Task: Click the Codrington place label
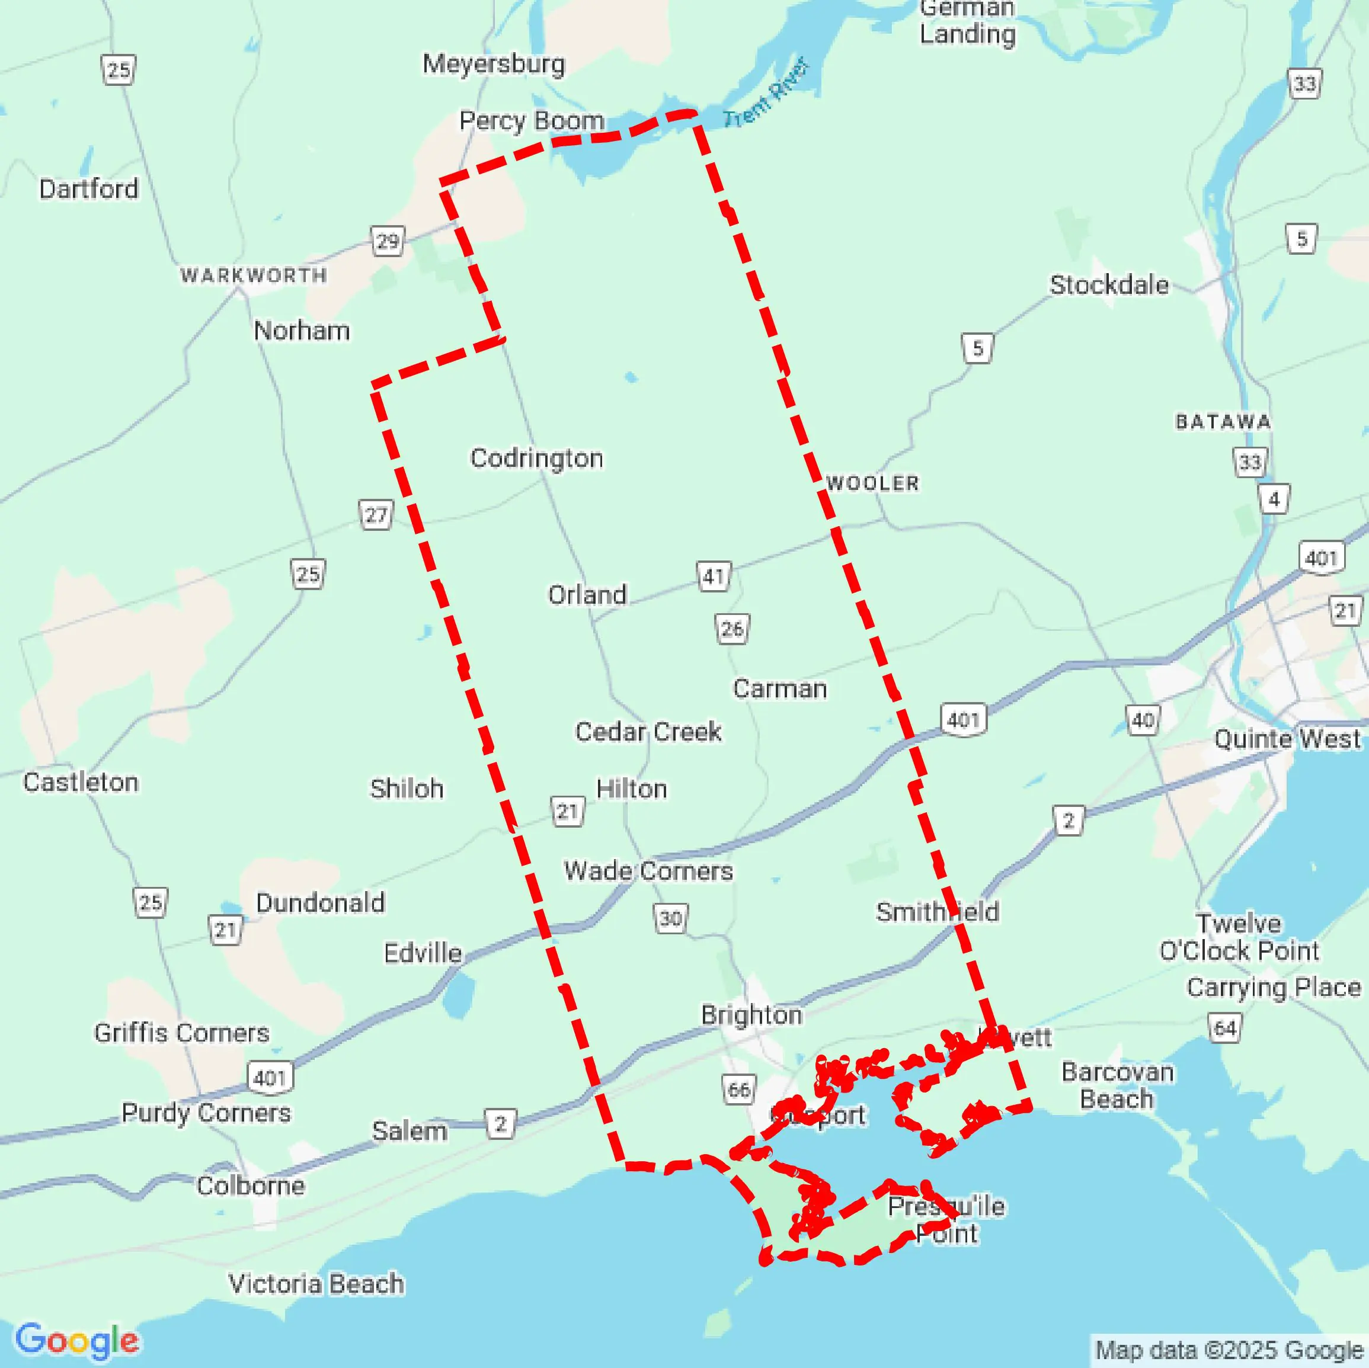pyautogui.click(x=536, y=459)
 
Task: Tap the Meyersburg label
pyautogui.click(x=494, y=64)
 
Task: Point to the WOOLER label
pyautogui.click(x=873, y=483)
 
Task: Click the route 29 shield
pyautogui.click(x=388, y=241)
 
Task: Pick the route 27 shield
pyautogui.click(x=376, y=514)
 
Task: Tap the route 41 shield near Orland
pyautogui.click(x=714, y=576)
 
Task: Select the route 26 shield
pyautogui.click(x=732, y=629)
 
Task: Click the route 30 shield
pyautogui.click(x=670, y=919)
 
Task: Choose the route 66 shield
pyautogui.click(x=739, y=1089)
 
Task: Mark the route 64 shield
pyautogui.click(x=1225, y=1028)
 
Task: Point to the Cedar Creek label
pyautogui.click(x=648, y=732)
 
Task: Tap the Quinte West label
pyautogui.click(x=1287, y=739)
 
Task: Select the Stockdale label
pyautogui.click(x=1109, y=285)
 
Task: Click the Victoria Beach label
pyautogui.click(x=316, y=1284)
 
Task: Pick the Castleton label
pyautogui.click(x=81, y=782)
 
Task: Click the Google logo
pyautogui.click(x=76, y=1340)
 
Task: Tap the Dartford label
pyautogui.click(x=88, y=189)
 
